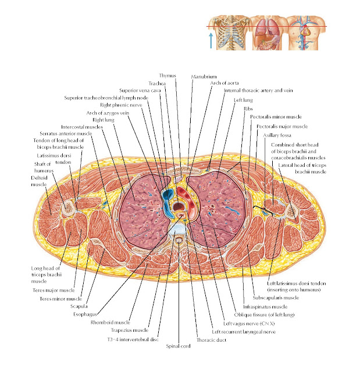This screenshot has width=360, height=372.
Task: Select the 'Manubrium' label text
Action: coord(204,76)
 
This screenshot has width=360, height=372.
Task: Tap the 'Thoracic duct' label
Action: coord(208,339)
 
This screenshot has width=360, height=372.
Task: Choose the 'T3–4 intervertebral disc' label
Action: coord(137,339)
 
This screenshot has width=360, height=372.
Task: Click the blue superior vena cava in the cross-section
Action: coord(168,195)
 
